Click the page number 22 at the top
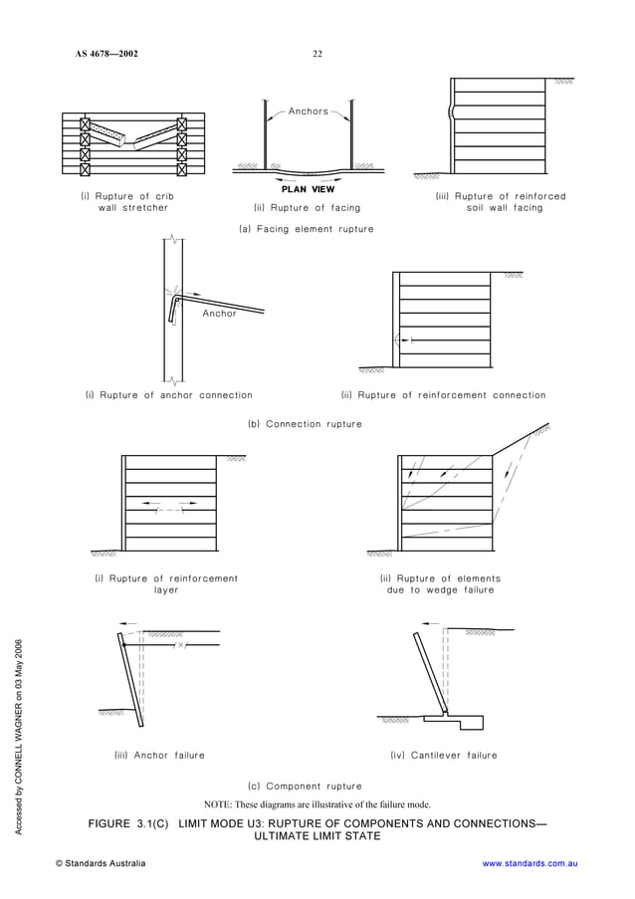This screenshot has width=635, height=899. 317,54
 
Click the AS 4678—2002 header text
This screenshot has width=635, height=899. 106,54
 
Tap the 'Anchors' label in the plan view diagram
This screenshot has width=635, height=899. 309,112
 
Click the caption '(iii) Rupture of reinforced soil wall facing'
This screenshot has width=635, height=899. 501,202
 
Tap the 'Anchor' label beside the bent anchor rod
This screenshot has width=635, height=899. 220,314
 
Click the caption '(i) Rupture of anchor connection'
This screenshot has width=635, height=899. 169,395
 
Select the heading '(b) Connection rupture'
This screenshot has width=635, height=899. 305,424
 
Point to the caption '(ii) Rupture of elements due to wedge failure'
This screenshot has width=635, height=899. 440,584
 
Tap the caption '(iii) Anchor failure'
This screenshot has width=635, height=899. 160,756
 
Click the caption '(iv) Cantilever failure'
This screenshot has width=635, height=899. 444,756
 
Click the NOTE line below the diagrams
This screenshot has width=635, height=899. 317,804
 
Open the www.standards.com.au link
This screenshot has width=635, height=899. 529,863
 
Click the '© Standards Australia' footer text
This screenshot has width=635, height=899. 101,863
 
